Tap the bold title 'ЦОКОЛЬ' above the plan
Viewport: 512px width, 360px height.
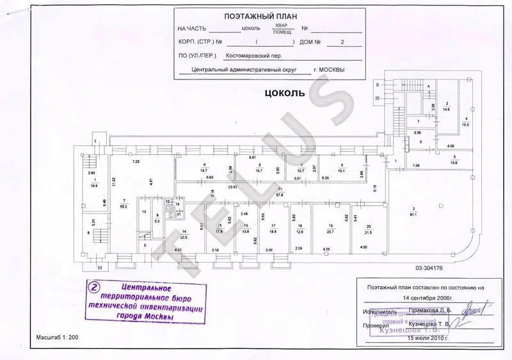[284, 93]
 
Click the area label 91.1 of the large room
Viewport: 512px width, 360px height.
[414, 214]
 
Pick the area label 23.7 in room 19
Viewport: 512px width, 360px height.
[330, 232]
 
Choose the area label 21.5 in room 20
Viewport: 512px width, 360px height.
[367, 232]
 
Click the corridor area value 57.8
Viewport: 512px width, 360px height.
[280, 194]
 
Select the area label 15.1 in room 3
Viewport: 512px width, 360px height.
[342, 170]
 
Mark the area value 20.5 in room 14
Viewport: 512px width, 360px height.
[184, 236]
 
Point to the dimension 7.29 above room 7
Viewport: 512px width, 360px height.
[136, 161]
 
